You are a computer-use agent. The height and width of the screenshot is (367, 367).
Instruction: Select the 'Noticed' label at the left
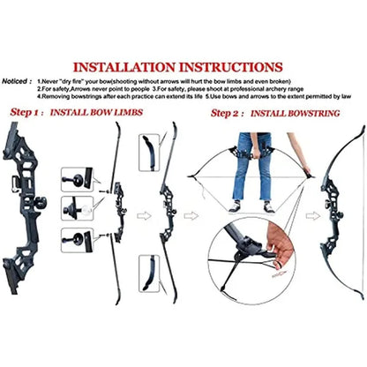click(18, 79)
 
